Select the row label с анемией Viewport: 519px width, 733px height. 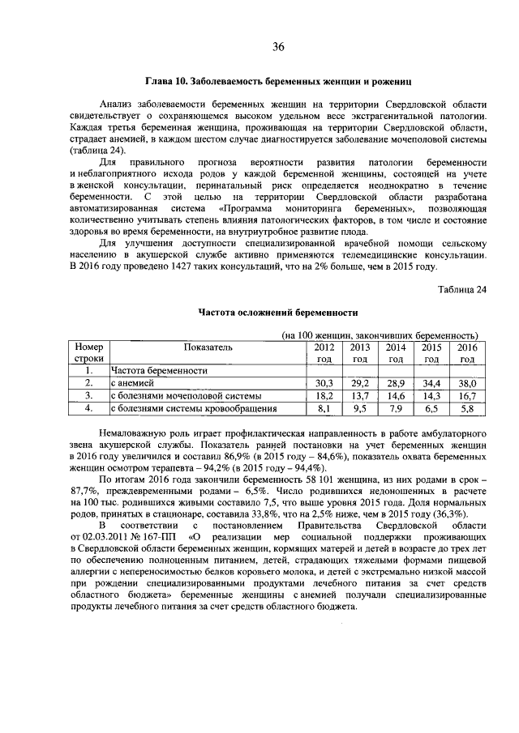(131, 383)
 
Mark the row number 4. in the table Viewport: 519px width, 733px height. (88, 409)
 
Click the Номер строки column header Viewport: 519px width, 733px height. (88, 352)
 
